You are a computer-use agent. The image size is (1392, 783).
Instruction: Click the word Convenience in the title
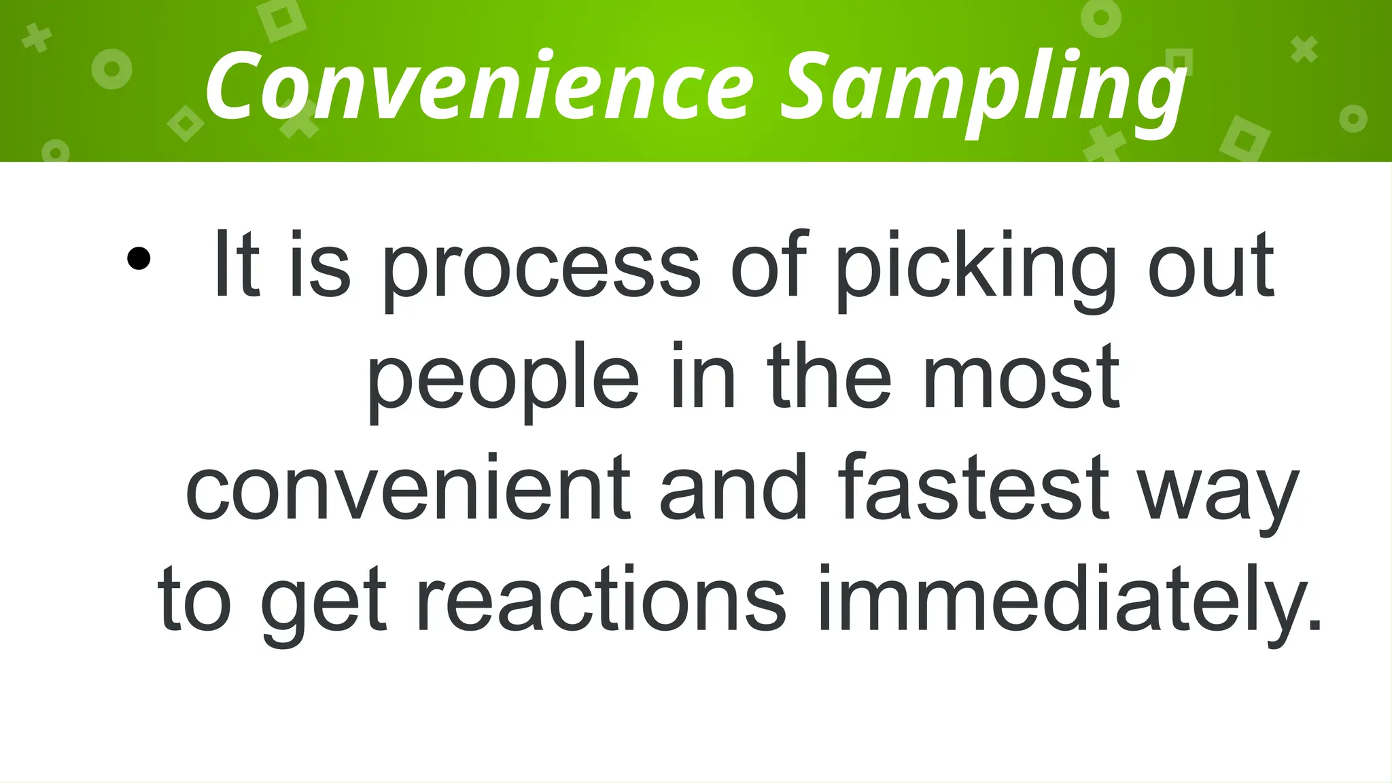(x=479, y=87)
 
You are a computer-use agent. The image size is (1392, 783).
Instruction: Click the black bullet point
(x=139, y=259)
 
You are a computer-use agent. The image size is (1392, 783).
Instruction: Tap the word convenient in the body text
(x=408, y=489)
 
